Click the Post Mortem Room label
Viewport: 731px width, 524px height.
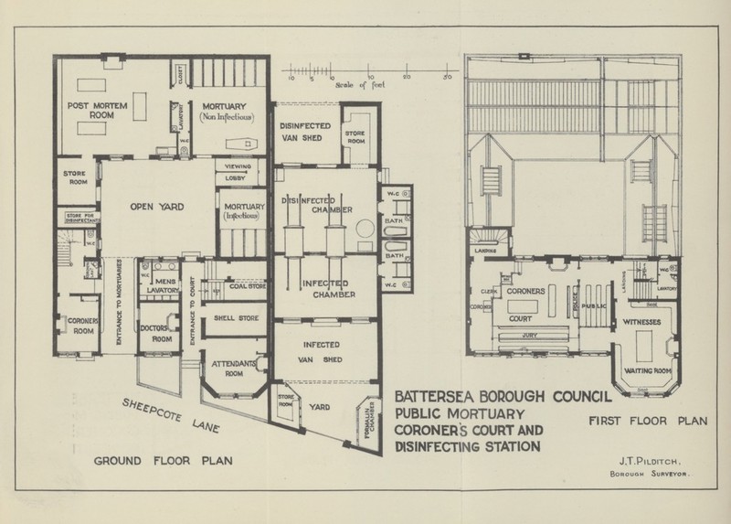97,111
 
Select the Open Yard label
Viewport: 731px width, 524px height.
158,207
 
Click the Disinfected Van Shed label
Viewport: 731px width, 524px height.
304,133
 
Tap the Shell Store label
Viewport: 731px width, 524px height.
236,318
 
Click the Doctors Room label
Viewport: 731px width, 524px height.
160,333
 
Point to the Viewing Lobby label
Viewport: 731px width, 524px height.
238,173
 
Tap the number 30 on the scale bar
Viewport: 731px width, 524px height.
447,78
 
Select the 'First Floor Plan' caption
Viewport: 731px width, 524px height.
648,422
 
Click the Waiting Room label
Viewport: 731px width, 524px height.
648,370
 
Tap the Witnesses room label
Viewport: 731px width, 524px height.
648,323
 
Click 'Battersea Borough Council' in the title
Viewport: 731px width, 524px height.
501,396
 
